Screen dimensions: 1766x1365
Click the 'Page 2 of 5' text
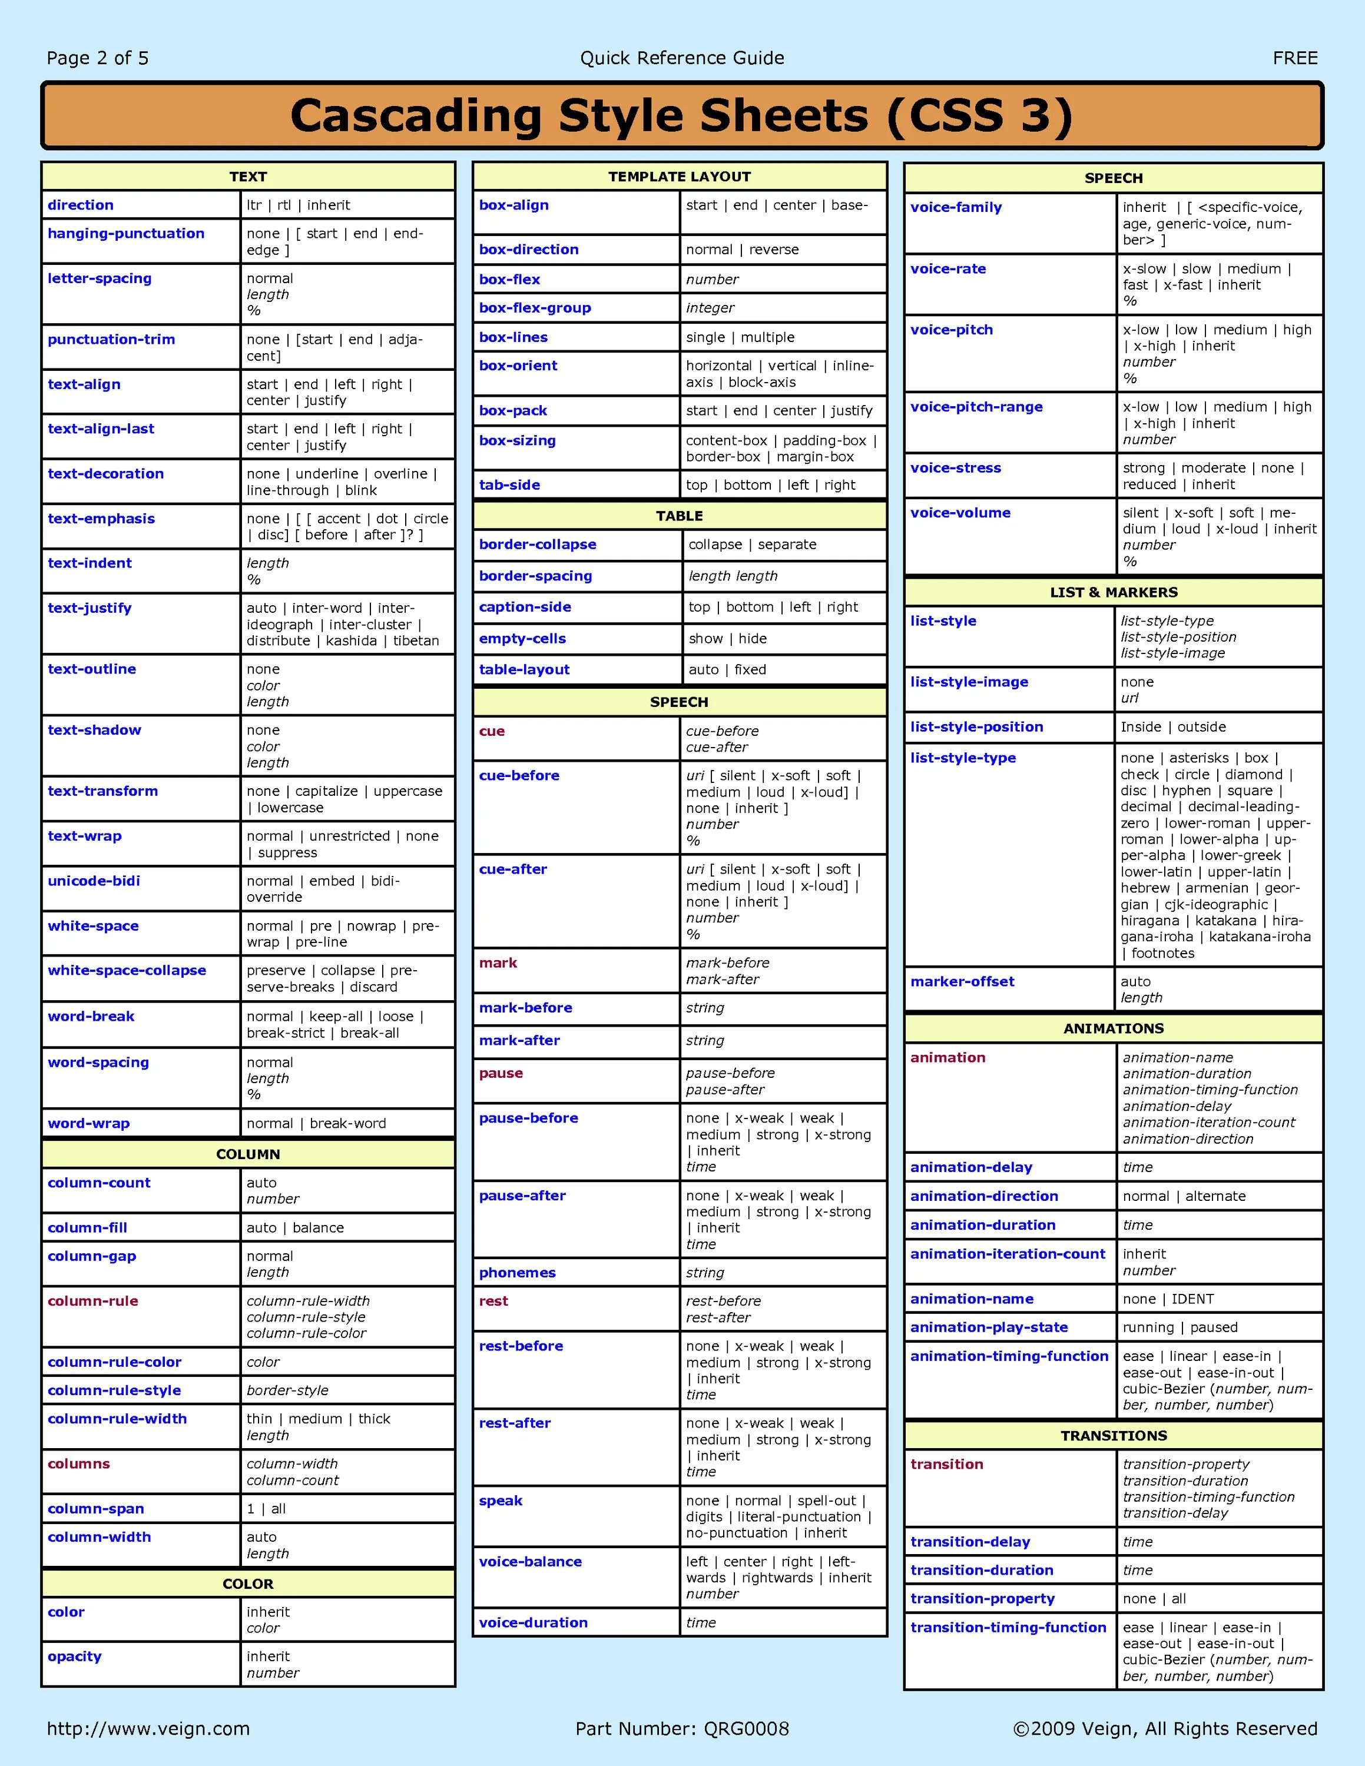(97, 58)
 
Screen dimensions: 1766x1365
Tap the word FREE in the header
(1295, 58)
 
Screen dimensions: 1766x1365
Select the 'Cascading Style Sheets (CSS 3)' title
(682, 115)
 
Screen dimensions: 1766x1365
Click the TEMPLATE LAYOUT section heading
(680, 176)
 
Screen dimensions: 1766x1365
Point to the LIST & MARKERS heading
(1114, 592)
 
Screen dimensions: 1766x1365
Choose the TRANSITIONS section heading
(1114, 1435)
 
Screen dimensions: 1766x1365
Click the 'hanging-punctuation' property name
(126, 234)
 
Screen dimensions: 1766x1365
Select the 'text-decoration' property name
(106, 474)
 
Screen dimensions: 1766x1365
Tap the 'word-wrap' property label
(89, 1123)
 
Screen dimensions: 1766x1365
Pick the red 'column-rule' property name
(93, 1301)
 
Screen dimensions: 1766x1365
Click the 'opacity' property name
(74, 1656)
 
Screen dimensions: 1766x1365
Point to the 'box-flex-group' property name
(535, 308)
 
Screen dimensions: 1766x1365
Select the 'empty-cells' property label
(522, 639)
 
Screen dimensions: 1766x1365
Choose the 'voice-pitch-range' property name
(976, 407)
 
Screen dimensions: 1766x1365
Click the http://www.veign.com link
(148, 1729)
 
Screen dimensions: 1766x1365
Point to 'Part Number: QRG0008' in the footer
(682, 1729)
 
